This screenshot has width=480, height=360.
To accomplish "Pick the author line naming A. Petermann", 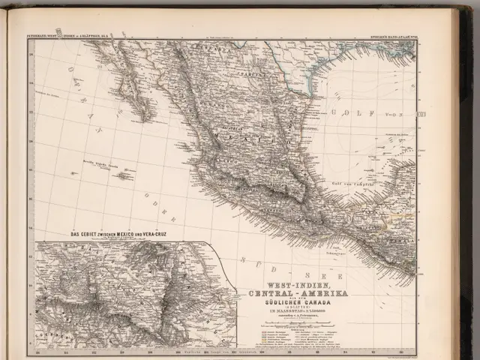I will [x=294, y=315].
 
